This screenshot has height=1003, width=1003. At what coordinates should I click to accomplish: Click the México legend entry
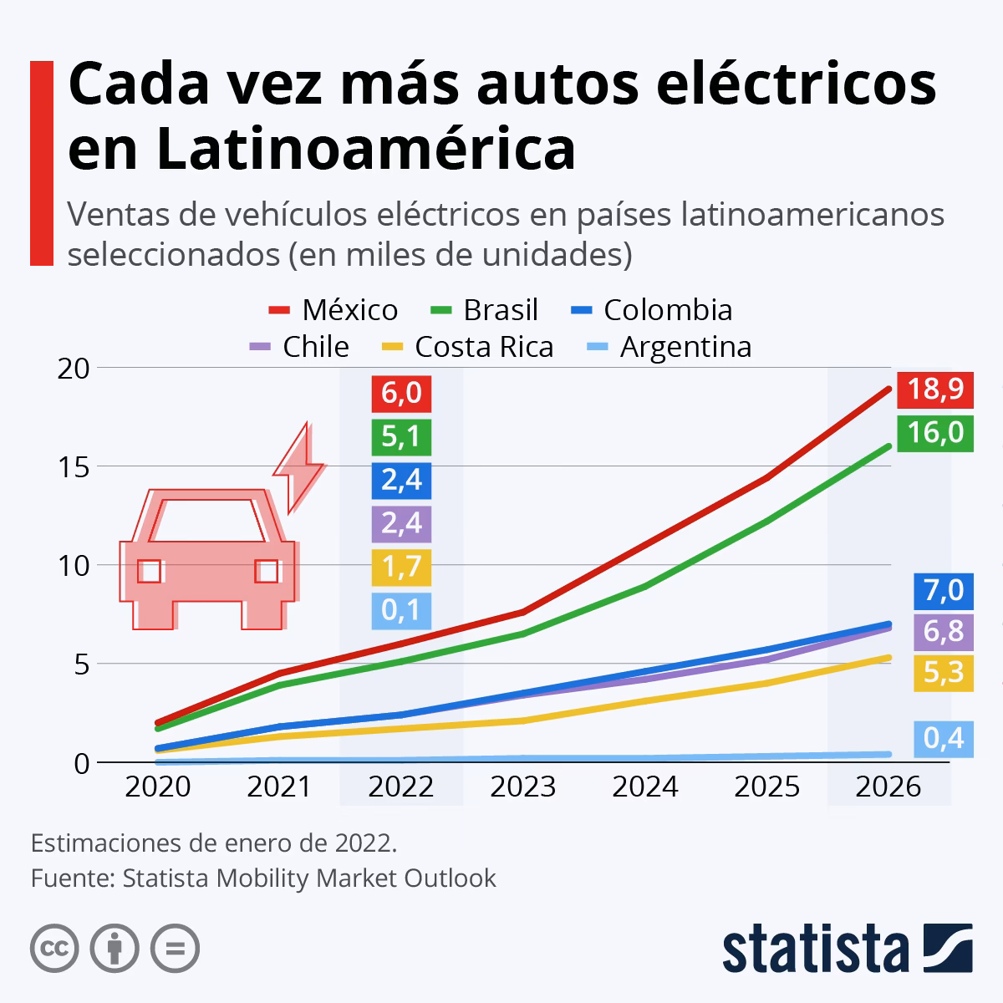coord(333,310)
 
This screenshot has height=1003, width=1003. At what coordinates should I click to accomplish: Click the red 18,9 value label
coord(935,389)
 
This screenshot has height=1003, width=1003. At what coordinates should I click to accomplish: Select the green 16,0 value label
coord(935,433)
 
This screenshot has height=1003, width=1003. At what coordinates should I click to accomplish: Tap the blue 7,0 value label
coord(944,591)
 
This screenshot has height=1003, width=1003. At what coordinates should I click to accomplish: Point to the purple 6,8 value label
coord(944,631)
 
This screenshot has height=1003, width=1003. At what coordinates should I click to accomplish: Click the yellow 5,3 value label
coord(944,672)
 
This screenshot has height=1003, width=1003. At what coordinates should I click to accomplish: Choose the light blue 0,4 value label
coord(944,738)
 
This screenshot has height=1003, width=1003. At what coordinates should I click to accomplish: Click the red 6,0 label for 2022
coord(401,393)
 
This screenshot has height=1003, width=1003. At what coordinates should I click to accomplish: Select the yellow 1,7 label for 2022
coord(401,568)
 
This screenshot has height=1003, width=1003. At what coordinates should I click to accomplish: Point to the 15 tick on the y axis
coord(73,466)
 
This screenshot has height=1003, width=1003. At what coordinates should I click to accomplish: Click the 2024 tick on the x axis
coord(645,787)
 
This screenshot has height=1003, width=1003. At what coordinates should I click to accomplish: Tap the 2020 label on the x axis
coord(157,787)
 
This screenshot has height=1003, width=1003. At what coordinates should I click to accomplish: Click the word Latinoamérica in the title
coord(322,148)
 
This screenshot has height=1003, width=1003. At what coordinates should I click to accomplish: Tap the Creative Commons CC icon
coord(54,948)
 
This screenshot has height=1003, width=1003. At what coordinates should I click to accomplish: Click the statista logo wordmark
coord(815,949)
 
